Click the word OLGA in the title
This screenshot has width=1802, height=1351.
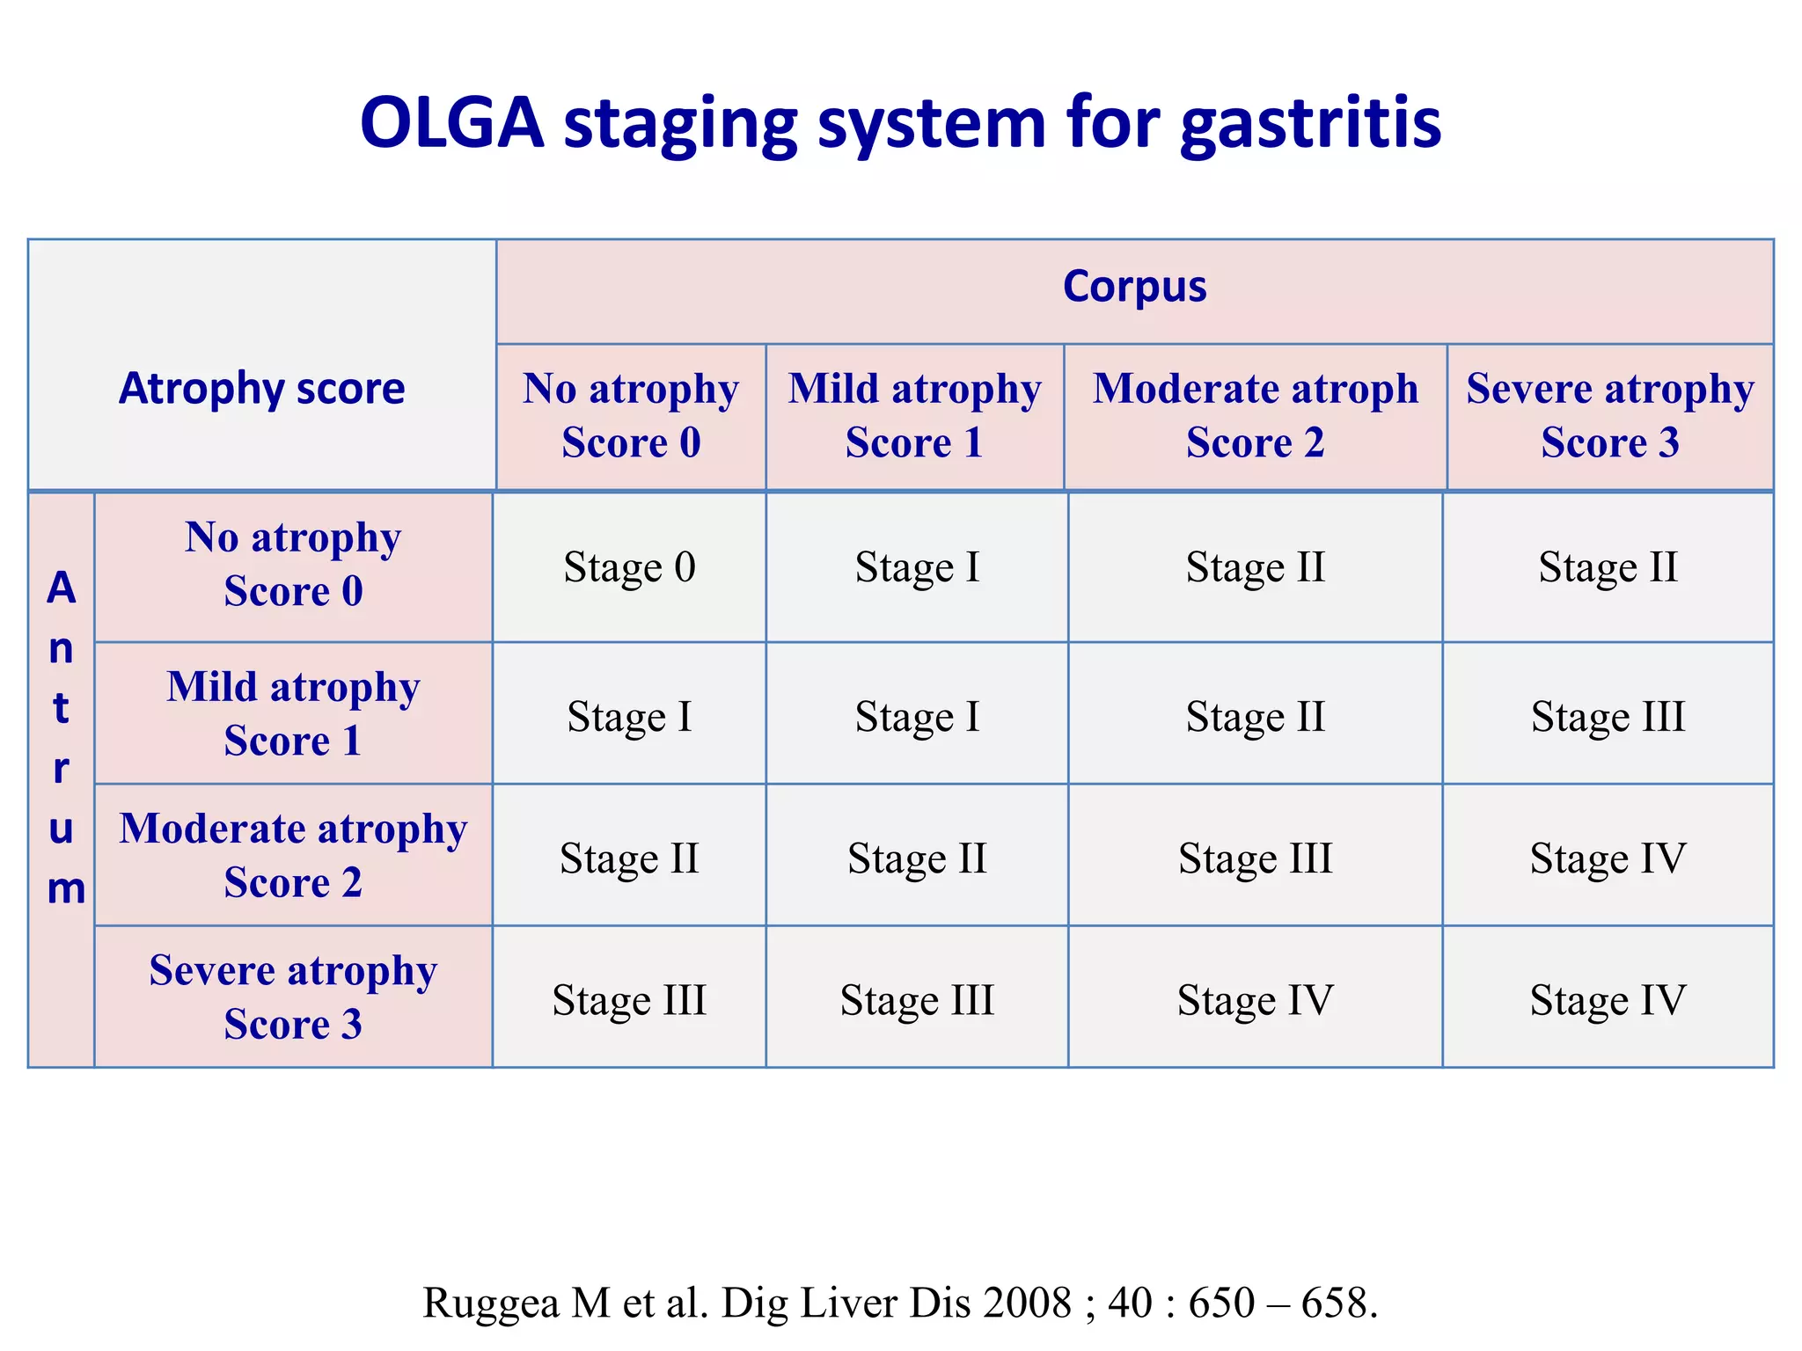point(452,123)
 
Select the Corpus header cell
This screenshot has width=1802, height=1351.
point(1134,287)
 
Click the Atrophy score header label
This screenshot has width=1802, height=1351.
point(262,389)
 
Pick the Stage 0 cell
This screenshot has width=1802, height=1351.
point(629,567)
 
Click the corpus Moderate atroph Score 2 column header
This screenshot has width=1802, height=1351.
point(1256,415)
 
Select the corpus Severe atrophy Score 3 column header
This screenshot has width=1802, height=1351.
point(1609,415)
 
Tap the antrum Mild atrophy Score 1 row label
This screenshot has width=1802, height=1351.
point(293,713)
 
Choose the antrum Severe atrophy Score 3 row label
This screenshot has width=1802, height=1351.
point(293,997)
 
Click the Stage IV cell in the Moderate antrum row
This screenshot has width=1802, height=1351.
point(1608,858)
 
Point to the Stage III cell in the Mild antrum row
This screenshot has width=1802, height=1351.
point(1608,717)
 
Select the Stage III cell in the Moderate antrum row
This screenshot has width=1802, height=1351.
point(1256,858)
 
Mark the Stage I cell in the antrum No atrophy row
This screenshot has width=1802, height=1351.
point(917,567)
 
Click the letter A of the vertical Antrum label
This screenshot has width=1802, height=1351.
point(62,588)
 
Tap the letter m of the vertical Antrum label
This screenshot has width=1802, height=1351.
point(66,889)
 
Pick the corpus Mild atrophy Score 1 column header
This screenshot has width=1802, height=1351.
point(915,415)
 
